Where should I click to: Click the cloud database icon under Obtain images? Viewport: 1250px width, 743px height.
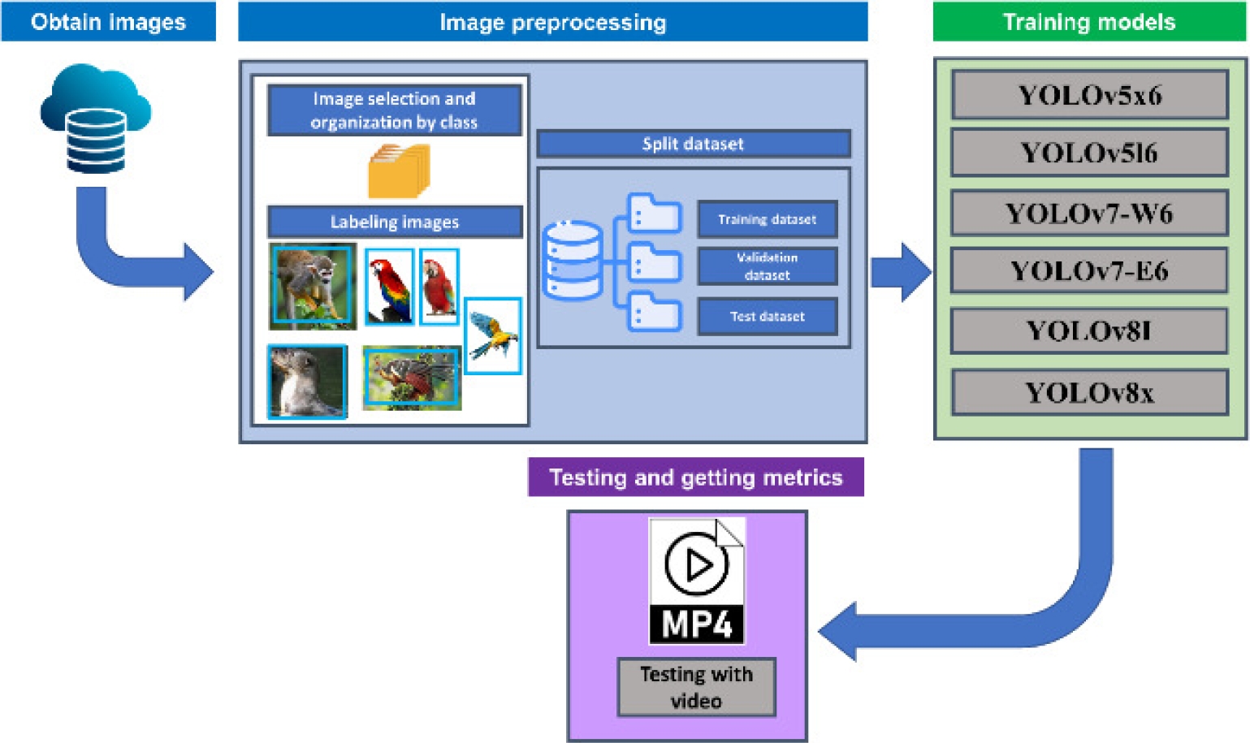pyautogui.click(x=96, y=119)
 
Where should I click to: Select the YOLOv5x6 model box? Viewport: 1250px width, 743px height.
pyautogui.click(x=1089, y=95)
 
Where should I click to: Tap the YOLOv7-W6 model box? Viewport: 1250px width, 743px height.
pyautogui.click(x=1089, y=214)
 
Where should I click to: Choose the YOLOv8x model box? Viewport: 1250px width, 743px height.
pyautogui.click(x=1089, y=393)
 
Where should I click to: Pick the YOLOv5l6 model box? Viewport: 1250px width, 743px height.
pyautogui.click(x=1089, y=153)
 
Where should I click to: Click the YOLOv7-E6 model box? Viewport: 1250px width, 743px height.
pyautogui.click(x=1089, y=270)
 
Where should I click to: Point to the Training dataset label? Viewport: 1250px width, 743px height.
pyautogui.click(x=767, y=219)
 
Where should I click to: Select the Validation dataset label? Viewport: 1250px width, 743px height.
pyautogui.click(x=767, y=266)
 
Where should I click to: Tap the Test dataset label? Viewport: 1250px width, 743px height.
pyautogui.click(x=767, y=317)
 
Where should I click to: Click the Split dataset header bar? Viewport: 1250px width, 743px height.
pyautogui.click(x=693, y=144)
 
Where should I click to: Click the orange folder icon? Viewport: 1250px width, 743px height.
pyautogui.click(x=398, y=171)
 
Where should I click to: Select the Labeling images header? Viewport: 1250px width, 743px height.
pyautogui.click(x=395, y=222)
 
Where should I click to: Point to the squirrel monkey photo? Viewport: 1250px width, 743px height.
pyautogui.click(x=313, y=287)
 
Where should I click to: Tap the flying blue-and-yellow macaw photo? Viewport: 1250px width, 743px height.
pyautogui.click(x=493, y=335)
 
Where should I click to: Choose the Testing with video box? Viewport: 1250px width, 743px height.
pyautogui.click(x=696, y=687)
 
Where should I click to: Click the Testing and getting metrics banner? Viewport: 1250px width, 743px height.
pyautogui.click(x=695, y=477)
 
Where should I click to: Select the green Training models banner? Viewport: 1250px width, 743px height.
pyautogui.click(x=1088, y=22)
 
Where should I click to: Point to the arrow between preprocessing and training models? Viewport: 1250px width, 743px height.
pyautogui.click(x=900, y=272)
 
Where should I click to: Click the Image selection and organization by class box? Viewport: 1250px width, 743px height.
pyautogui.click(x=394, y=110)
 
